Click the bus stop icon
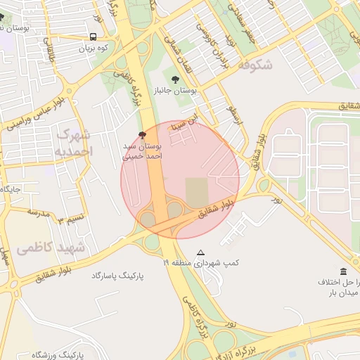94,37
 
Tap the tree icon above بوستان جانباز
175,79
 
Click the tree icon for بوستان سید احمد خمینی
143,134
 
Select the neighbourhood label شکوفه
255,65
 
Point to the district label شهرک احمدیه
73,143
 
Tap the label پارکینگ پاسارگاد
117,276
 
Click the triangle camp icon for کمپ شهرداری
201,252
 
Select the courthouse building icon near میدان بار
343,272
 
